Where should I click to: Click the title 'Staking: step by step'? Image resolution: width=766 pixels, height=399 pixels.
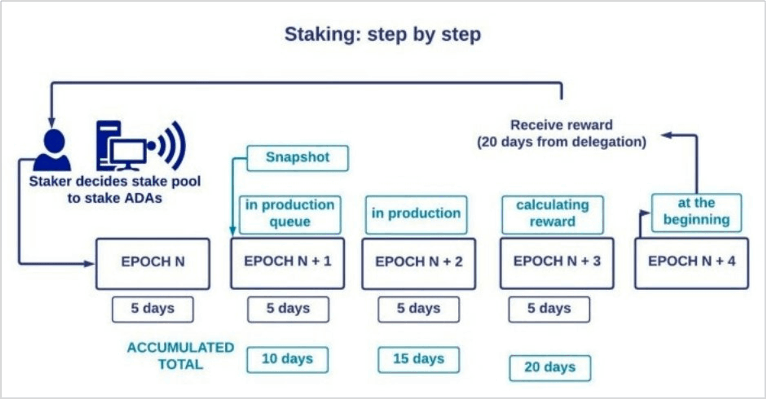382,34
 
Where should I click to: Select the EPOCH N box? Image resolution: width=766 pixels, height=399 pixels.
153,263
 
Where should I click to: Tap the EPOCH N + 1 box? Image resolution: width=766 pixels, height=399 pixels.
288,263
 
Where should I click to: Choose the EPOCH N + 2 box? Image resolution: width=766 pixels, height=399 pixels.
419,263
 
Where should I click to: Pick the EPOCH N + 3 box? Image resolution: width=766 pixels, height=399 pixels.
557,263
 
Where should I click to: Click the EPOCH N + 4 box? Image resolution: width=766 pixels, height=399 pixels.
691,263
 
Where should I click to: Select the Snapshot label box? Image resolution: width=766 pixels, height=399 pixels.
298,158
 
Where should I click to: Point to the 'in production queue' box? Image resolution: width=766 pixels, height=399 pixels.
290,214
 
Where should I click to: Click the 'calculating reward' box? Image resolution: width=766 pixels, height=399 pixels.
552,214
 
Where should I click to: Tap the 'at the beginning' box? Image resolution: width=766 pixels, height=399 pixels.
696,212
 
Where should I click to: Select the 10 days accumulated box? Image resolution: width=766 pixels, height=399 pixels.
288,359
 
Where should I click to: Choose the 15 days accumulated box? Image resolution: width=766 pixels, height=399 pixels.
419,359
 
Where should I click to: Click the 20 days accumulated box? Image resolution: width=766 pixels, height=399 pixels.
550,368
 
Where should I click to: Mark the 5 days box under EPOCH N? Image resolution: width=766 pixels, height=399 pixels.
153,309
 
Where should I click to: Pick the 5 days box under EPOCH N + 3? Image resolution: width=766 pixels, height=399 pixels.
549,309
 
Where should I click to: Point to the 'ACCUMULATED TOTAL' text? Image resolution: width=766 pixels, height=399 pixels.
180,356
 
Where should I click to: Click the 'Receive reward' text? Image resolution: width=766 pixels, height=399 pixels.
561,125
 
